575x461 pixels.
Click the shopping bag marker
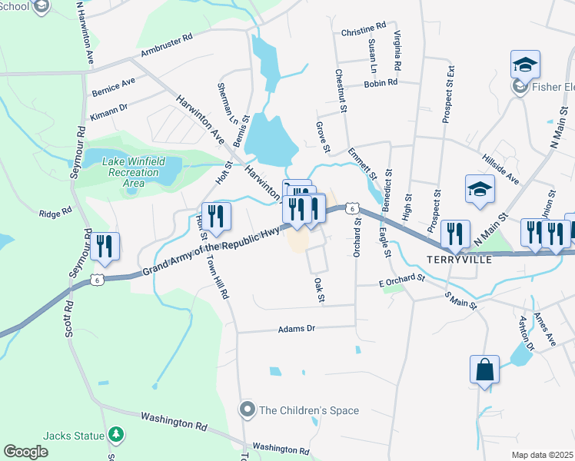coord(486,370)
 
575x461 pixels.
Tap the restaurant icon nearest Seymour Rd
coord(105,247)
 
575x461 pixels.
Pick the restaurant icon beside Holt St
coord(215,217)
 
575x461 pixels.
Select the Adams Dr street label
coord(296,329)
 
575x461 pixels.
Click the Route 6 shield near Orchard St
coord(351,208)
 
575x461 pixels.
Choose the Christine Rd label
coord(363,33)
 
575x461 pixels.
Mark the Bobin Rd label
coord(381,83)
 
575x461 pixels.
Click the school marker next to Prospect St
coord(480,189)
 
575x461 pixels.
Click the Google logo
coord(25,452)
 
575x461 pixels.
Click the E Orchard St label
coord(401,284)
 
